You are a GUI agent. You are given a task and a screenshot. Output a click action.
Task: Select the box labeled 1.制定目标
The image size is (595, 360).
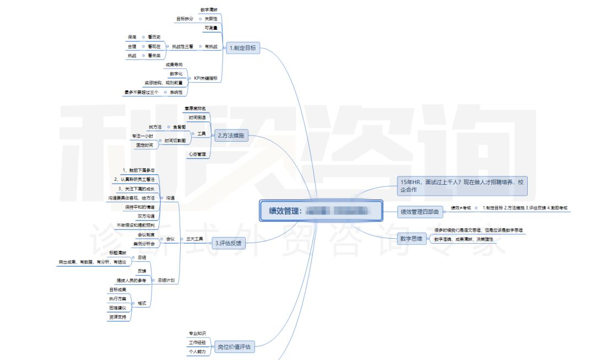click(242, 48)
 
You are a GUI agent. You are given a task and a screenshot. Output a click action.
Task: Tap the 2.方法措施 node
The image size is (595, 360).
click(231, 135)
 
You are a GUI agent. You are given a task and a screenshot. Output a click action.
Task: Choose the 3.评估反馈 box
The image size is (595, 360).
click(228, 243)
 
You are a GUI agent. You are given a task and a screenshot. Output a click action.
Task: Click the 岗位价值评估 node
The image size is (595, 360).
click(235, 347)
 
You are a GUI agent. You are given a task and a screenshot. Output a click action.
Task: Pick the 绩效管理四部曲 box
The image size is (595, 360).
click(420, 212)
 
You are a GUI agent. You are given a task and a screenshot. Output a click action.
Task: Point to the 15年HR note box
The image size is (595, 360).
click(462, 186)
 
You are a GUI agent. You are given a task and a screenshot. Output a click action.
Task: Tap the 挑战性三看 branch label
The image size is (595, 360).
click(182, 46)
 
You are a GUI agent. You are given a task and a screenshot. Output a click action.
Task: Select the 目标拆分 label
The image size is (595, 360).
click(185, 19)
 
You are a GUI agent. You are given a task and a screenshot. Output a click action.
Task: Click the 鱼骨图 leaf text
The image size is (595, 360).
click(180, 127)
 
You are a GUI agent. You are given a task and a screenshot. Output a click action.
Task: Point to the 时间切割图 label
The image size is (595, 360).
click(175, 141)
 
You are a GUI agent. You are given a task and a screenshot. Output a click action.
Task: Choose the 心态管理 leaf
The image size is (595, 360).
click(197, 154)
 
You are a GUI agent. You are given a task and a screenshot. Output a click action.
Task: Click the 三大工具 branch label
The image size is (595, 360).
click(194, 239)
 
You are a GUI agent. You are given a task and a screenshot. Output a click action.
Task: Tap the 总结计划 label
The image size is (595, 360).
click(167, 281)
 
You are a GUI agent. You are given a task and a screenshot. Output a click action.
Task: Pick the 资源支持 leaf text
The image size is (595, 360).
click(118, 317)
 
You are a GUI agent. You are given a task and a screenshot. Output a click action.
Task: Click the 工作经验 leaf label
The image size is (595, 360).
click(197, 342)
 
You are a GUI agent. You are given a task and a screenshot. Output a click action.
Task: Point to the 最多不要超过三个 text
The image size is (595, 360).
click(142, 92)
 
